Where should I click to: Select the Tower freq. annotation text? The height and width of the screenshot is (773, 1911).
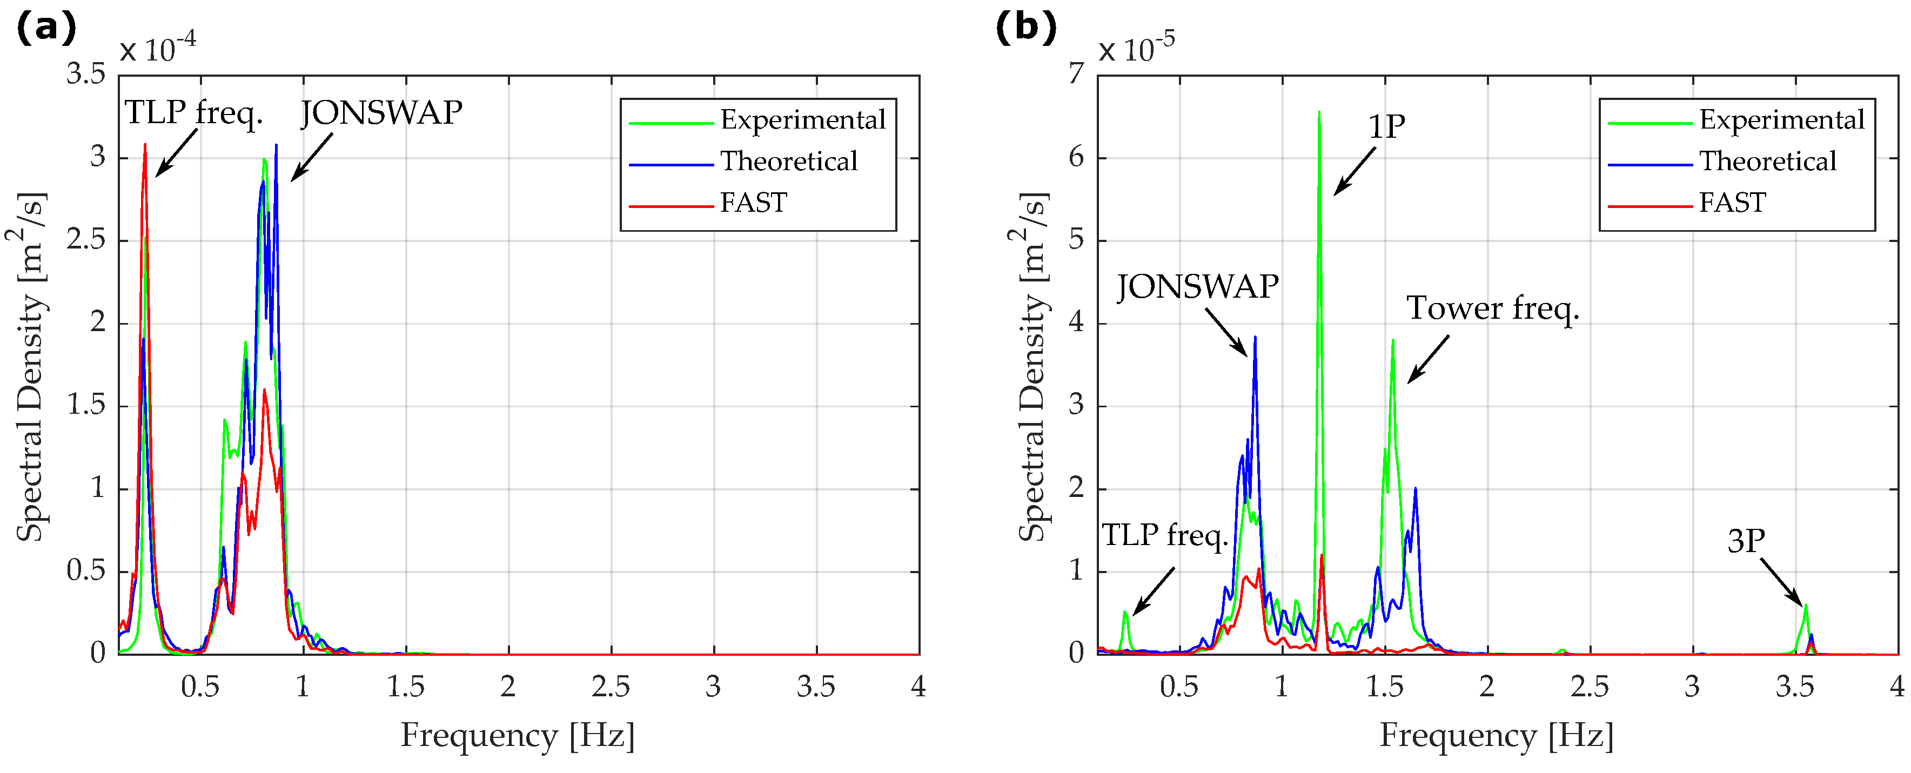point(1493,308)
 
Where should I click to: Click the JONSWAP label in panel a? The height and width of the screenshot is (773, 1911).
point(381,113)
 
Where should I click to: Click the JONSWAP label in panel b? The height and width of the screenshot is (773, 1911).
point(1197,286)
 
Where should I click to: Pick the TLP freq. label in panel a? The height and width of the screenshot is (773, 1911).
point(193,113)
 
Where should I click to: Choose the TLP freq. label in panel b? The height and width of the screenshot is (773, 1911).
point(1165,535)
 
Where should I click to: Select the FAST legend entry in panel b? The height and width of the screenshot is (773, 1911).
point(1732,202)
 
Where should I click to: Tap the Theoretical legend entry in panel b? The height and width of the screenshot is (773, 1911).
point(1767,161)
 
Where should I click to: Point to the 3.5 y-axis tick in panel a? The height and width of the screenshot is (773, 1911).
point(86,74)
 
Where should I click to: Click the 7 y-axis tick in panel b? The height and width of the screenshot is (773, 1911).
point(1076,74)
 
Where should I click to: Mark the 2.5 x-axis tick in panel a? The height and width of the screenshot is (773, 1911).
point(611,687)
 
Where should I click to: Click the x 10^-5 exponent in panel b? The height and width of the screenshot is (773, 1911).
point(1137,49)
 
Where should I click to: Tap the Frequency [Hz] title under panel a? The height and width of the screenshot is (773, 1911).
point(518,735)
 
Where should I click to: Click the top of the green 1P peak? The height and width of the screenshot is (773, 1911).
point(1319,113)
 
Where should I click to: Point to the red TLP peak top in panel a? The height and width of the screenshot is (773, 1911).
point(145,145)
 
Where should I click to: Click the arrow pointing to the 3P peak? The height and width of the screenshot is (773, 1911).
point(1780,582)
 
